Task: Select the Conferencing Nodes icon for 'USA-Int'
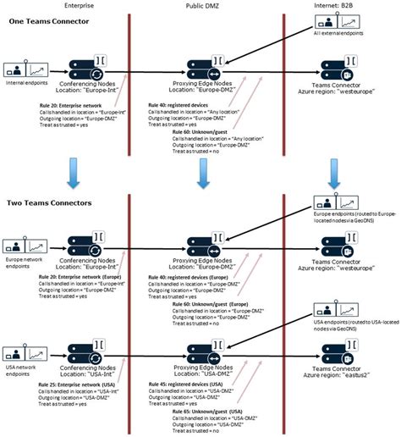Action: tap(70, 346)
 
